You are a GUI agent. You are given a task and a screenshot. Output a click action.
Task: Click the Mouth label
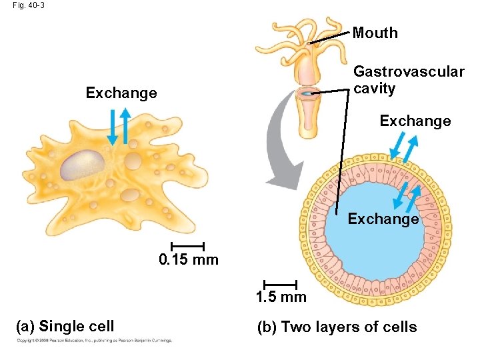click(375, 33)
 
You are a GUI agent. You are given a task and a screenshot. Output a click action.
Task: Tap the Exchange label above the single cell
click(121, 93)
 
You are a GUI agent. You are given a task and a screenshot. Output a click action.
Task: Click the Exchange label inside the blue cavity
click(383, 219)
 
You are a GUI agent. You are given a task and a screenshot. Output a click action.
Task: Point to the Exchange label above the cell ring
click(415, 121)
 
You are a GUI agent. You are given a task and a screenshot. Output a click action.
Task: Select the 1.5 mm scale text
click(281, 297)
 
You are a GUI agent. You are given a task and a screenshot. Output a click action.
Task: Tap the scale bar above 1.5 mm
click(280, 285)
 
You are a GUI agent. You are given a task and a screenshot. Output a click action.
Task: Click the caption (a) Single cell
click(65, 327)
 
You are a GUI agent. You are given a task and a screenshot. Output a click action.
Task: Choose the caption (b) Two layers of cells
click(337, 327)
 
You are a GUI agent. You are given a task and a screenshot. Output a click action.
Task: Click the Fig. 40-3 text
click(24, 5)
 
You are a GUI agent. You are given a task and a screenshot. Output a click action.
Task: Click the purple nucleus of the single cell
click(83, 164)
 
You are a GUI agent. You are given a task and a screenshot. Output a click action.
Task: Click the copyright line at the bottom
click(94, 341)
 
